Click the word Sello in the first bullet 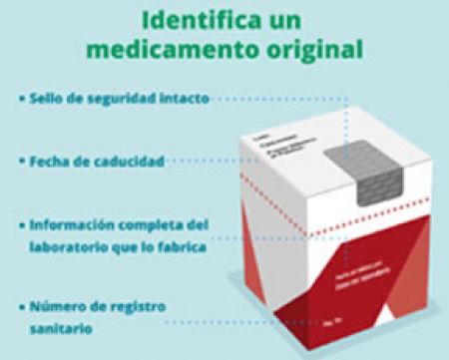(48, 100)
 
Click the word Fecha (51, 160)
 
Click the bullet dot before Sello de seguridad (21, 100)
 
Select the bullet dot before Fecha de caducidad (21, 160)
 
